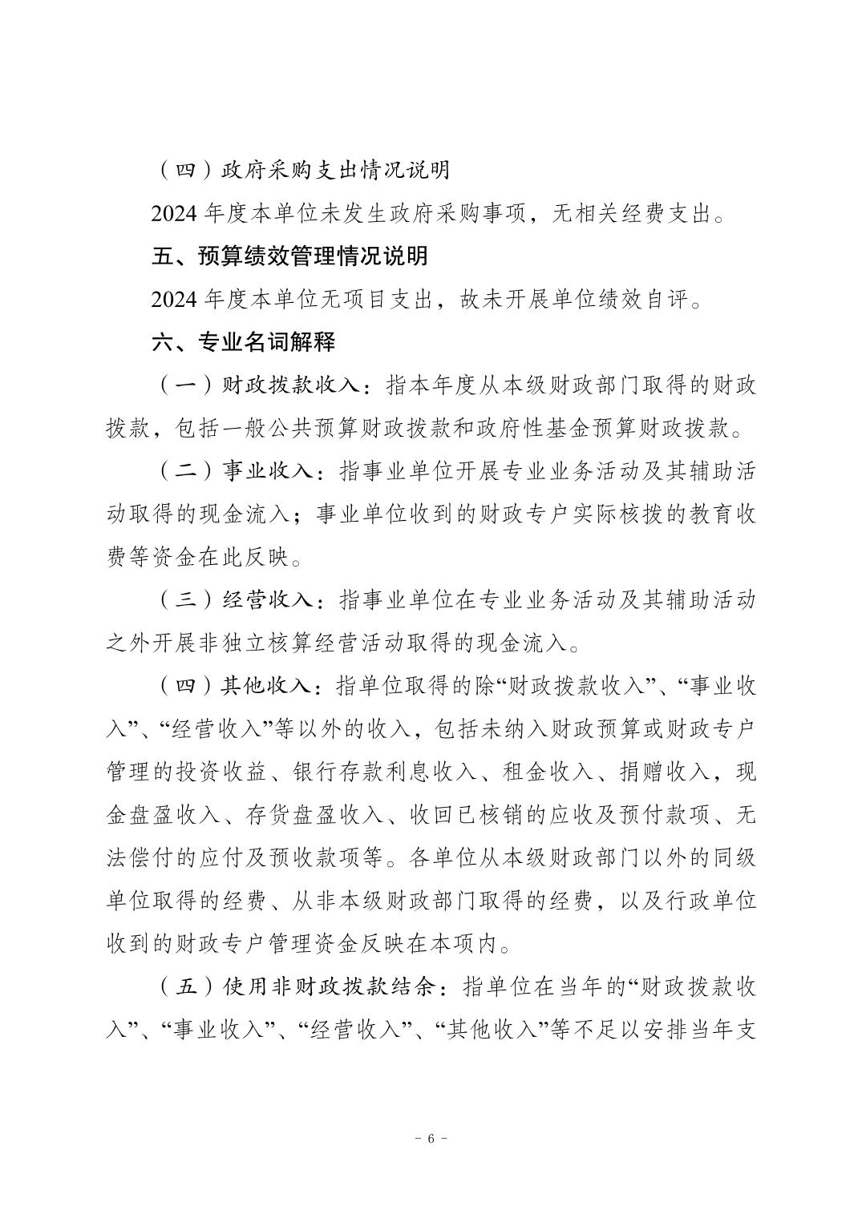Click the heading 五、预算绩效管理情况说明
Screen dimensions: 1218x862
click(289, 256)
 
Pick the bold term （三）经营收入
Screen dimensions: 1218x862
click(238, 599)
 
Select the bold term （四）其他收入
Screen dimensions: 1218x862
click(238, 686)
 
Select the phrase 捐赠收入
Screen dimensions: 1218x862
click(657, 772)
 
